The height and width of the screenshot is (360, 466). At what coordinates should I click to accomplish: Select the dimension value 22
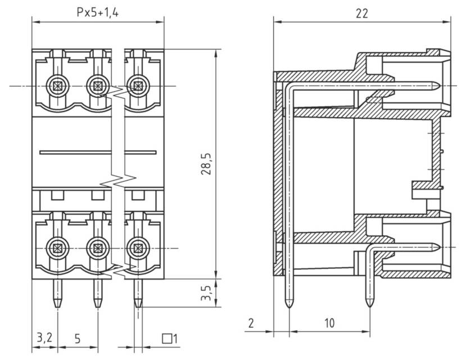click(x=362, y=13)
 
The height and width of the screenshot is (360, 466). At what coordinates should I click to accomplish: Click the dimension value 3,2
click(x=44, y=338)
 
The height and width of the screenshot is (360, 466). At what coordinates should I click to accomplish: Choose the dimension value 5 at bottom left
click(x=78, y=338)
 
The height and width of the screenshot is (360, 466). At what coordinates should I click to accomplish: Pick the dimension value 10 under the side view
click(x=329, y=323)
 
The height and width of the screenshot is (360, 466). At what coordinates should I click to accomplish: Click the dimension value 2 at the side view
click(x=251, y=323)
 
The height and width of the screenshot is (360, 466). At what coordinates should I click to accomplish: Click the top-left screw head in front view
click(x=57, y=86)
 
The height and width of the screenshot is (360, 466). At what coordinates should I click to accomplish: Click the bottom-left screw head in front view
click(x=57, y=247)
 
